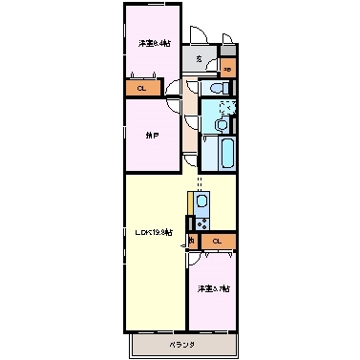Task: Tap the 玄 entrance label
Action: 199,60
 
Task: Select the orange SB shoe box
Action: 228,70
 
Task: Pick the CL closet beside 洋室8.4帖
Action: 140,89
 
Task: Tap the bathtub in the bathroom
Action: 227,153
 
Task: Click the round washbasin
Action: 222,125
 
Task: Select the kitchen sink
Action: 201,202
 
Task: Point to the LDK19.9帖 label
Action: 154,232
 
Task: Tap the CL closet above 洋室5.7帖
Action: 218,241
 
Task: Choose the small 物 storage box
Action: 193,240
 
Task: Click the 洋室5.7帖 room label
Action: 213,288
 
